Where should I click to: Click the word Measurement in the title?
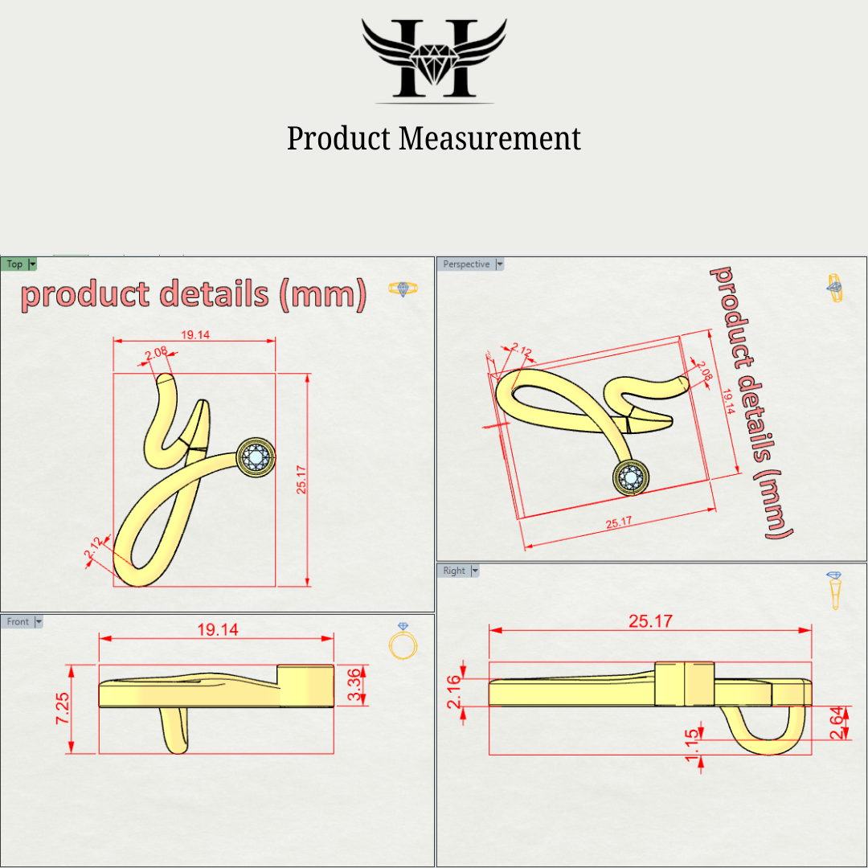(x=490, y=138)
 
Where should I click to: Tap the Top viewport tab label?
(x=14, y=264)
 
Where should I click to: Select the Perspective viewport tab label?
(x=466, y=264)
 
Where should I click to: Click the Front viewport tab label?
(x=18, y=621)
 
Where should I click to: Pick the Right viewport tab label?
(x=454, y=571)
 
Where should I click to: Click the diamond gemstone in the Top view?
(x=258, y=458)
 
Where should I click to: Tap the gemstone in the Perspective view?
(x=631, y=477)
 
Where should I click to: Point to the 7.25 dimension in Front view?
(x=62, y=709)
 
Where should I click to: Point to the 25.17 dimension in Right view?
(x=651, y=621)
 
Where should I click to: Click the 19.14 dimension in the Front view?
(x=217, y=629)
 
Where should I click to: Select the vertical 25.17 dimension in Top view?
(x=301, y=479)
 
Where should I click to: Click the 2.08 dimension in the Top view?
(x=157, y=351)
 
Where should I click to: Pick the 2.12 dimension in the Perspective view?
(x=522, y=351)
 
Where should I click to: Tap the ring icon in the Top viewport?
(x=403, y=288)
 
